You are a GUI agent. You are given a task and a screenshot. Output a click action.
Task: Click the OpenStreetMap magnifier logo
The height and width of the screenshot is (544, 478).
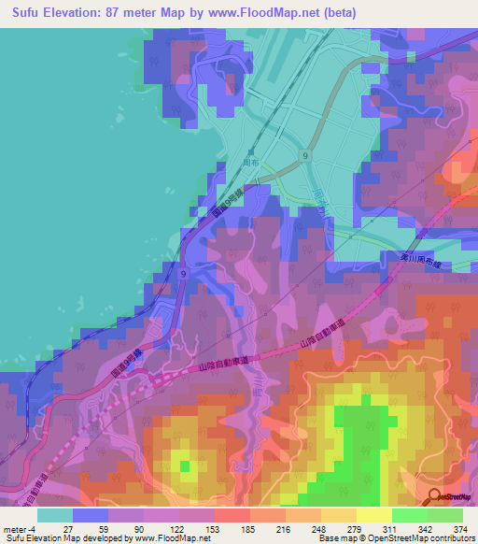point(435,498)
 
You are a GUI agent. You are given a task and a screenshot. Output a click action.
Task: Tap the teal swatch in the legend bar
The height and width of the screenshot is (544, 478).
point(55,514)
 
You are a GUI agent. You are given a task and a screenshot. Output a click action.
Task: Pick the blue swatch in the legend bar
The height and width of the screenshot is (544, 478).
point(91,514)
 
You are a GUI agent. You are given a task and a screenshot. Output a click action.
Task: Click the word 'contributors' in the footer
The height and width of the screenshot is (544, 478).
point(451,537)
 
